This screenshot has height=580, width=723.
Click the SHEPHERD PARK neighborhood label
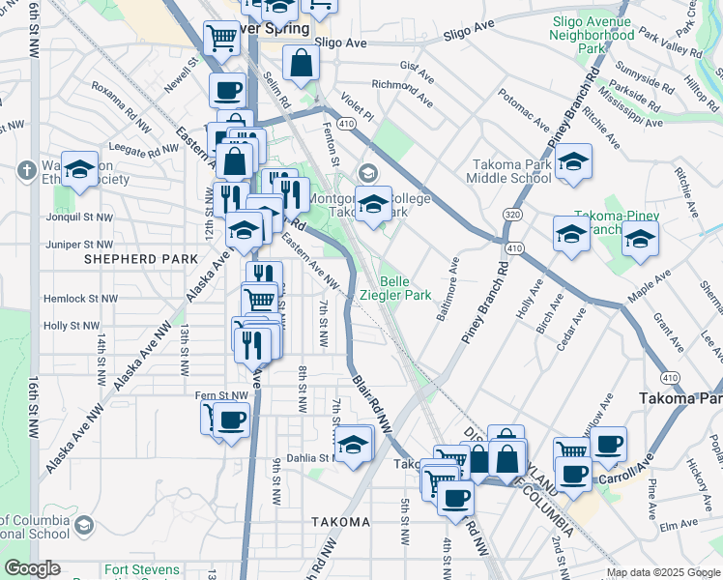tap(141, 259)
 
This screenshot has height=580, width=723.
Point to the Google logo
tap(32, 568)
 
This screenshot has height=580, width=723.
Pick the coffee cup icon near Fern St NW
tap(232, 420)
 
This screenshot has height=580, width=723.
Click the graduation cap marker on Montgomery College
tap(374, 205)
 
